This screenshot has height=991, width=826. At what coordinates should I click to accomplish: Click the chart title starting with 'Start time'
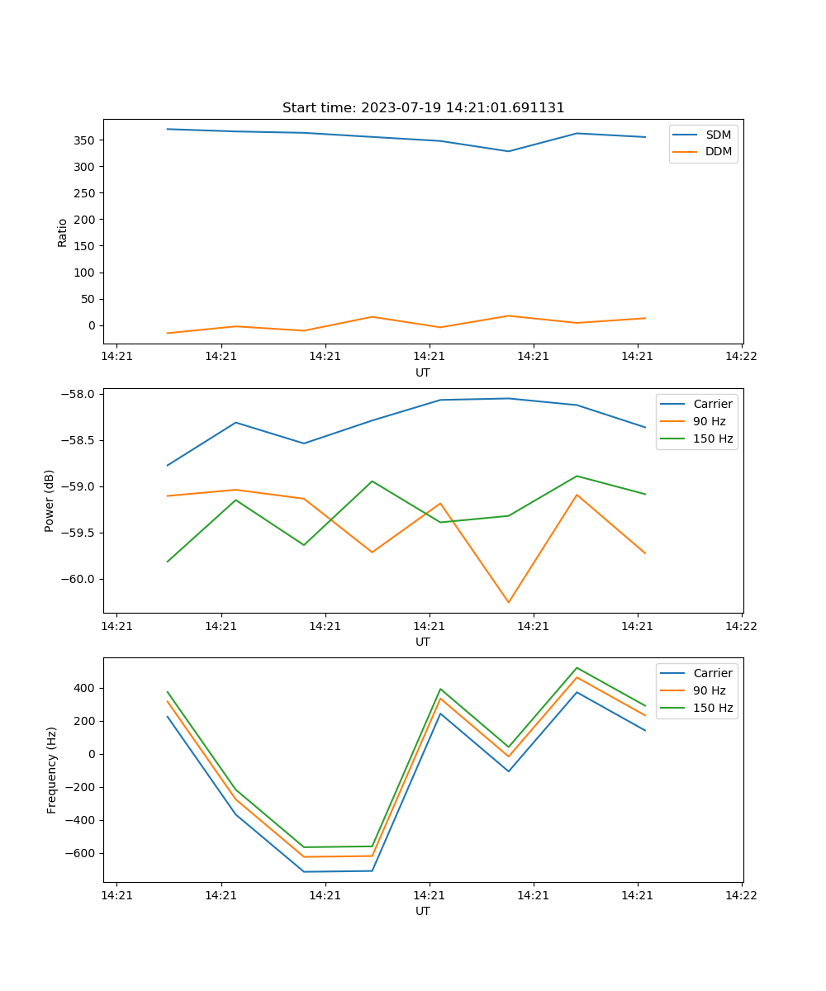point(423,108)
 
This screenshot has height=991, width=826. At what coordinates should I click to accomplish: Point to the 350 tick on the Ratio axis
point(87,140)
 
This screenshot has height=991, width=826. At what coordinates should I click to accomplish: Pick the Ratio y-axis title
point(63,232)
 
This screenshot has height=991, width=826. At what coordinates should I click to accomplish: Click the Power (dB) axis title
point(50,500)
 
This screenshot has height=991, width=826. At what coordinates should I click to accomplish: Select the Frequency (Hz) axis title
point(52,770)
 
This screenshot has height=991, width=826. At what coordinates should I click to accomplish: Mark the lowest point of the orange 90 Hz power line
point(508,602)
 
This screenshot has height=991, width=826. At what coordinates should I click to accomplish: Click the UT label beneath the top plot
point(423,372)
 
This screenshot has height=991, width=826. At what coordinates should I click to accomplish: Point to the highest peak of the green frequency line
point(577,668)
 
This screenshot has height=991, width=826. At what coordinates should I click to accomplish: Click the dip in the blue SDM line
point(508,151)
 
